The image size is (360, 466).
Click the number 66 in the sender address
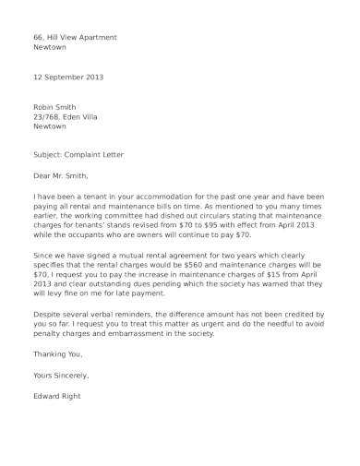[37, 37]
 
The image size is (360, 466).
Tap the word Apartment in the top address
[98, 37]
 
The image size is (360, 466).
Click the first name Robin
[43, 107]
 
